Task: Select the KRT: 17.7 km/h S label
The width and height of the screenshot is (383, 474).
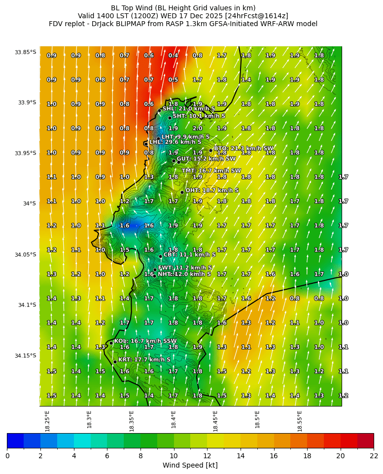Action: (x=144, y=360)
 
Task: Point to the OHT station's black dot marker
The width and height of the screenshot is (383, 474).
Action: (x=182, y=192)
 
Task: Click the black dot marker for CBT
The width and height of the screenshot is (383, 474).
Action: (x=160, y=256)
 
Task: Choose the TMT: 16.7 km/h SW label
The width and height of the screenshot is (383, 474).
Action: (x=211, y=171)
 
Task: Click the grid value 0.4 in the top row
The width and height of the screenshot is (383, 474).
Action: (x=173, y=56)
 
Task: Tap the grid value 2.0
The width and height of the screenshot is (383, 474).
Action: (x=197, y=128)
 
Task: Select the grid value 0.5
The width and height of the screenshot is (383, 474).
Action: (x=173, y=80)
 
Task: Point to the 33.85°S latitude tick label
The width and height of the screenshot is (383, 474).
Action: (x=25, y=52)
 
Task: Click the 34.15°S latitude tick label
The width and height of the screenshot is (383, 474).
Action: (x=25, y=356)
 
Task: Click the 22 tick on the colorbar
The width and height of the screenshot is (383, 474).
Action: (x=373, y=456)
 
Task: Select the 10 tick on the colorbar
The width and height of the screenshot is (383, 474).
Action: (x=174, y=456)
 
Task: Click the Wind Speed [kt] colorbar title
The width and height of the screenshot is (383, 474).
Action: (x=190, y=465)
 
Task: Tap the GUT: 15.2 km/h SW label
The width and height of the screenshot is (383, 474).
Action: (x=199, y=159)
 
